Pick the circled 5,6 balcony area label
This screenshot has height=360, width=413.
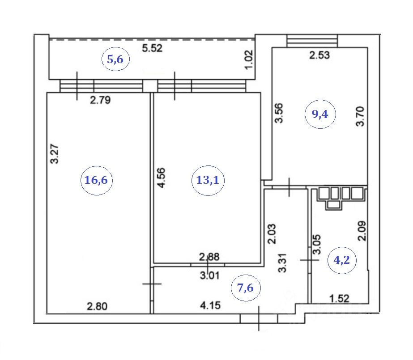pos(115,59)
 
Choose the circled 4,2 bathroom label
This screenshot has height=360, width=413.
pos(342,259)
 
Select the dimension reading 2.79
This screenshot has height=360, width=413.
pos(100,100)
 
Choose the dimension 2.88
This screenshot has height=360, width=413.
pos(209,257)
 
